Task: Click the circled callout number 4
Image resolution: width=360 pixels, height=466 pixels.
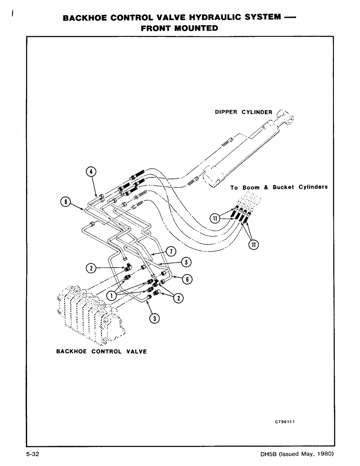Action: [x=91, y=172]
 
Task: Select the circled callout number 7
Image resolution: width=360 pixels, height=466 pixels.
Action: [x=171, y=252]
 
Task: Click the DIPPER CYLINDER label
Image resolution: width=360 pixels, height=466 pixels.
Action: [x=243, y=112]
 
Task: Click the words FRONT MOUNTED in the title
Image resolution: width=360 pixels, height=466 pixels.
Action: [x=180, y=28]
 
